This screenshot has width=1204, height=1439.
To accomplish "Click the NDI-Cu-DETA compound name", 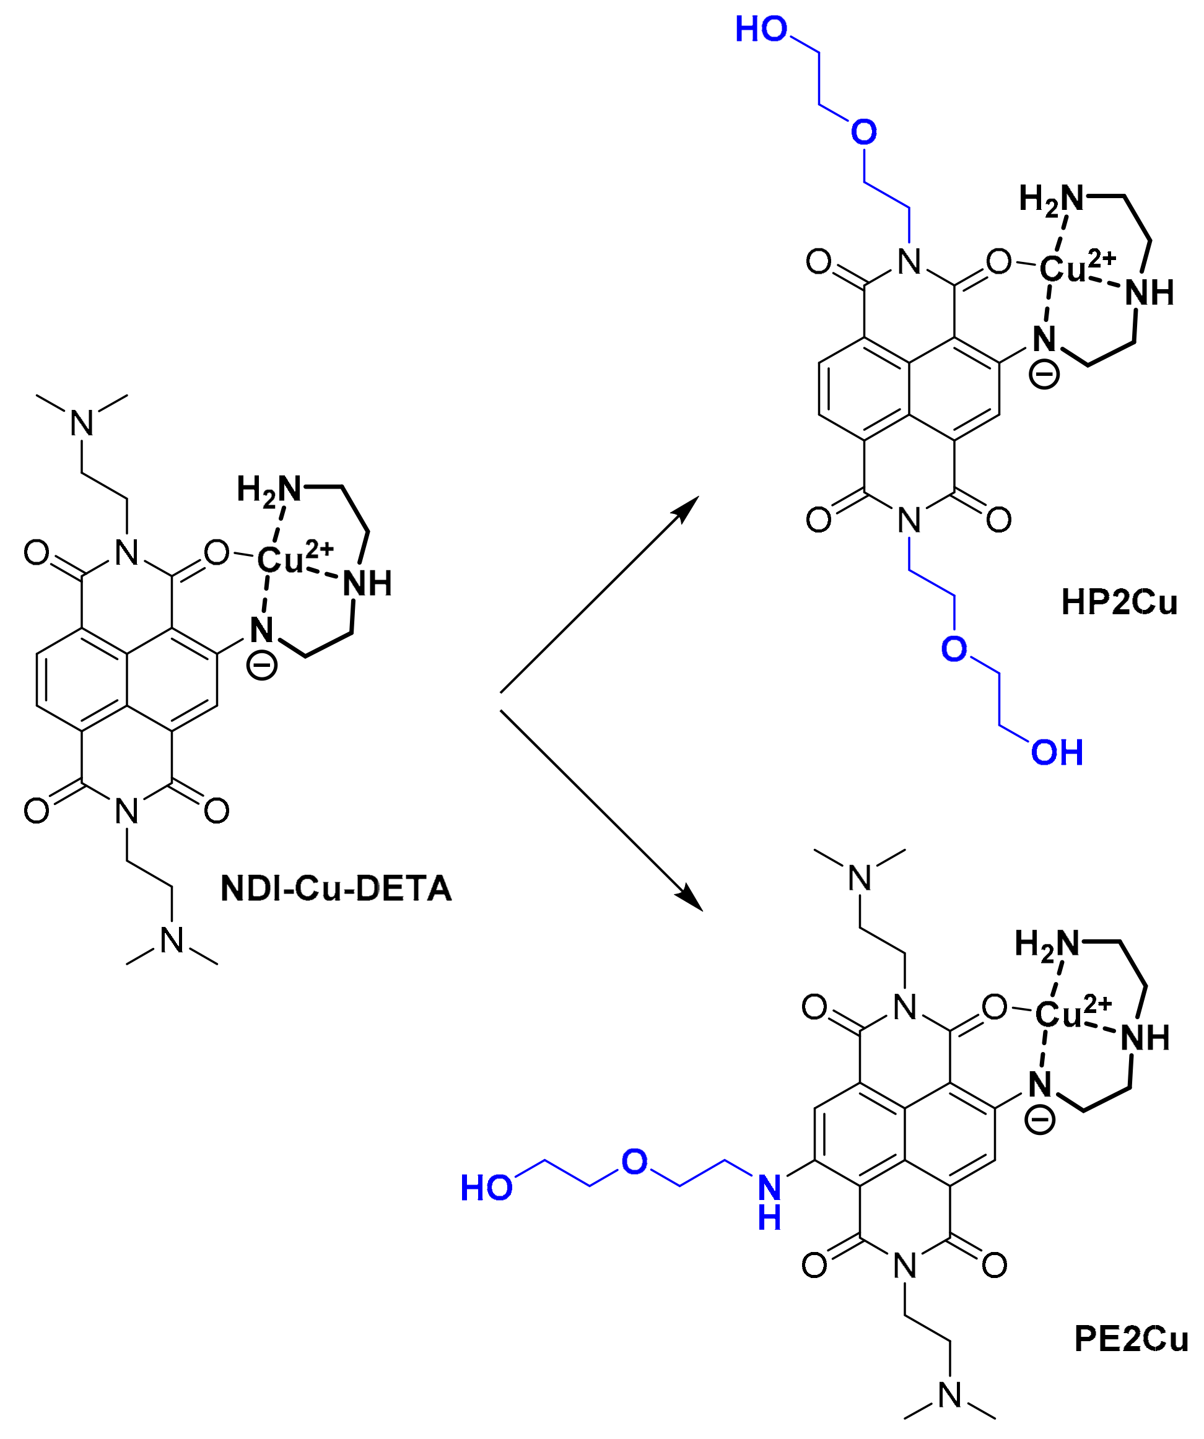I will (x=336, y=889).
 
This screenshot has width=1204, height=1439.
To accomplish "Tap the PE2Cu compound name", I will (x=1131, y=1339).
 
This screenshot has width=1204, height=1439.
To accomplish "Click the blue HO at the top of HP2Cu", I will (x=761, y=30).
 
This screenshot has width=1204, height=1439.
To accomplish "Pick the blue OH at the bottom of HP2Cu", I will (x=1057, y=752).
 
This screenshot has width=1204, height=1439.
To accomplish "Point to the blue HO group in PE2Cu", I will (x=486, y=1188).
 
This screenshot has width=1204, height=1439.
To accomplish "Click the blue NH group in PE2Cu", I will (x=770, y=1202).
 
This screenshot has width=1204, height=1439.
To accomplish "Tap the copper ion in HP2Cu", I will (x=1063, y=269).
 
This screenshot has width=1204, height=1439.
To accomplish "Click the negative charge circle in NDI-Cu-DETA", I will (x=262, y=666).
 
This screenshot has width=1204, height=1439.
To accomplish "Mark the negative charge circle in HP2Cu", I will (x=1044, y=375).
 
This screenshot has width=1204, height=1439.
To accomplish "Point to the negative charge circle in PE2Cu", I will (x=1039, y=1119).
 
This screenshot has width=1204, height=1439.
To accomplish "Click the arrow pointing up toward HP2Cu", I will (x=596, y=597).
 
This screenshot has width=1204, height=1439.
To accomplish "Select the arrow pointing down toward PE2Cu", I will (x=600, y=809).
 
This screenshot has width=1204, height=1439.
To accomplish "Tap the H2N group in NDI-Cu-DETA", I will (x=269, y=489).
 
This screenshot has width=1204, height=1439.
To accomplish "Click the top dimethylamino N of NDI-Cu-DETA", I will (x=82, y=423).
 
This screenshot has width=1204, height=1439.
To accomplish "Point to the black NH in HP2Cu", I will (x=1149, y=293).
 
